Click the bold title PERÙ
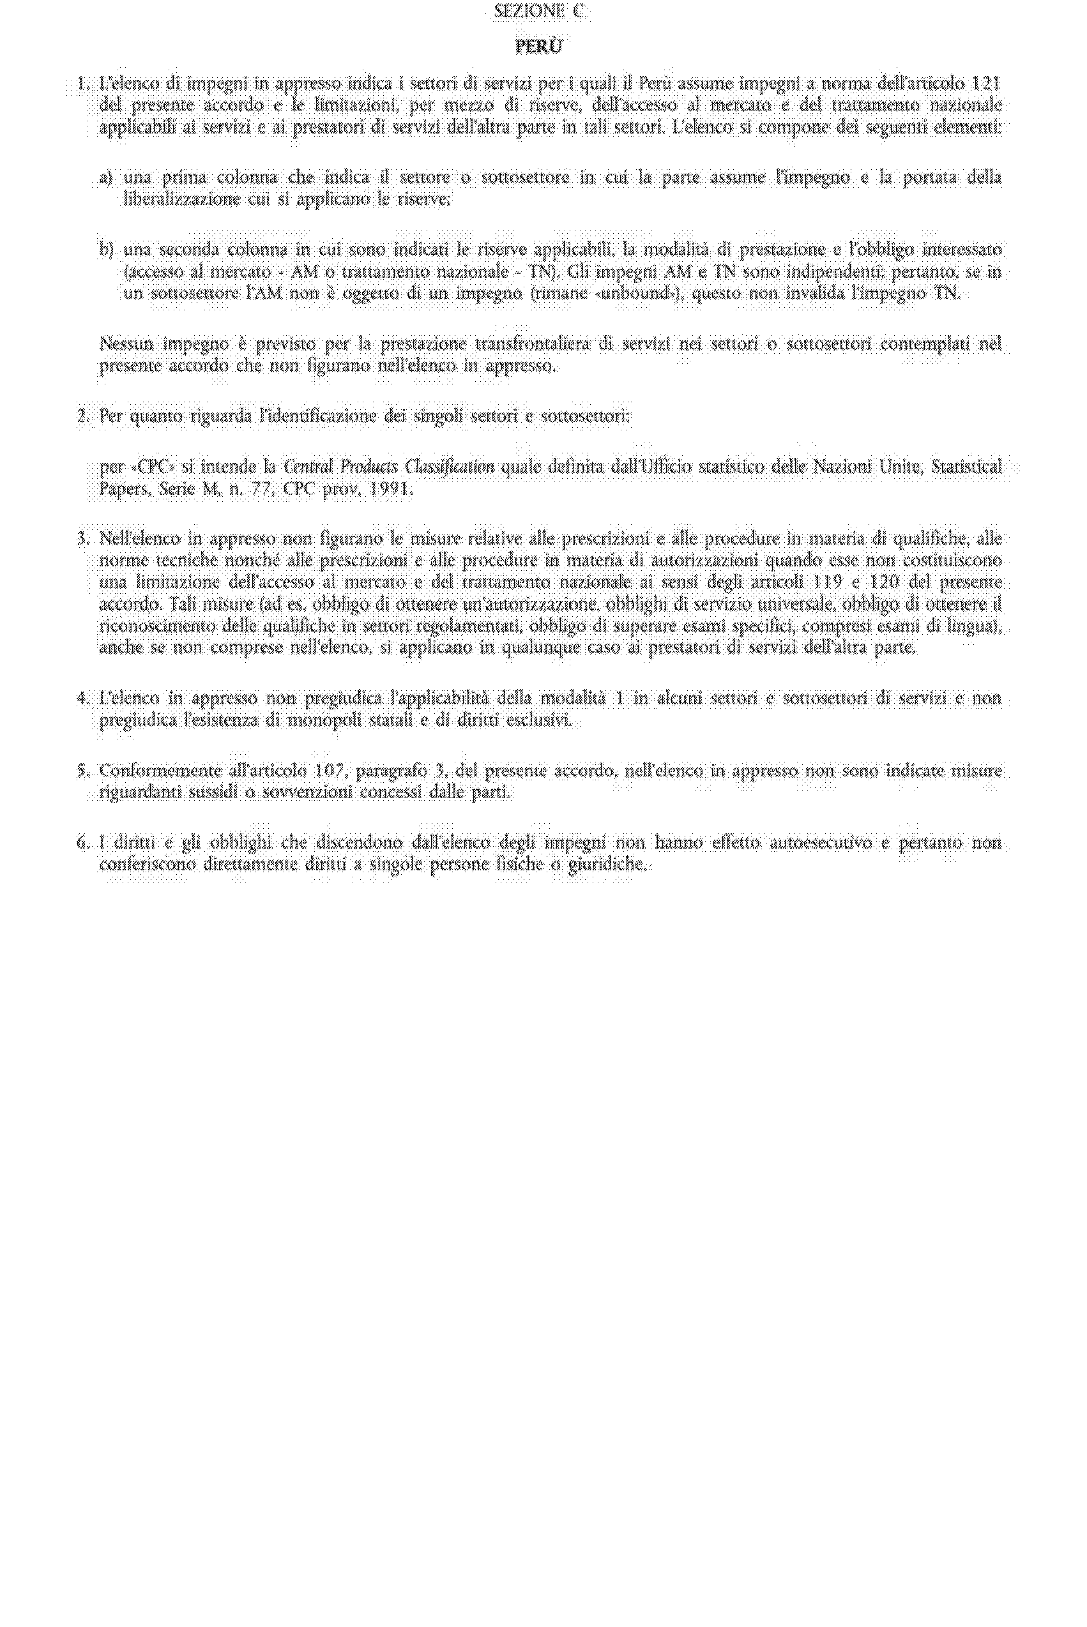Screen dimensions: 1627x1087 pyautogui.click(x=538, y=47)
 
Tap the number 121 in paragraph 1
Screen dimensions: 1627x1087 pyautogui.click(x=987, y=84)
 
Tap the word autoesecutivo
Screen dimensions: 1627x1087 pyautogui.click(x=828, y=844)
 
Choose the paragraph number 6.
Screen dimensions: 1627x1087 pyautogui.click(x=83, y=844)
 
